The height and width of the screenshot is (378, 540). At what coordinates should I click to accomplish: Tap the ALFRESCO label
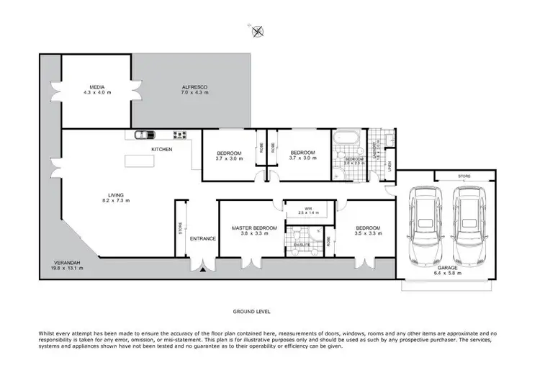(194, 86)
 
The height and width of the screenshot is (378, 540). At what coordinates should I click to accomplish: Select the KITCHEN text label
(161, 149)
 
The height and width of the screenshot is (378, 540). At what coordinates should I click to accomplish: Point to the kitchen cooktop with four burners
(179, 134)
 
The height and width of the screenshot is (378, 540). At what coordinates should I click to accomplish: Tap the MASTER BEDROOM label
(250, 228)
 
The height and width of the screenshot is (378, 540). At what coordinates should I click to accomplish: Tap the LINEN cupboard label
(390, 167)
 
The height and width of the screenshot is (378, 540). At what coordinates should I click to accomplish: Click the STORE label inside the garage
(464, 175)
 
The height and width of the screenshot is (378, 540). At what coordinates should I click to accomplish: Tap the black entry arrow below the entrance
(203, 270)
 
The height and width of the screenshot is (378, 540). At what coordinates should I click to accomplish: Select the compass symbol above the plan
(257, 31)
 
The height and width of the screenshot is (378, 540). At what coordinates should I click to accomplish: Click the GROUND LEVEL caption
(249, 311)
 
